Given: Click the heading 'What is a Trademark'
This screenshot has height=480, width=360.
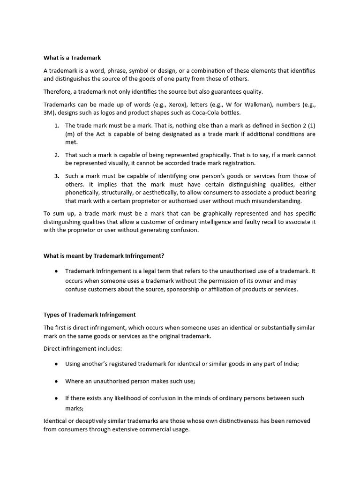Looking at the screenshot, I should (72, 58).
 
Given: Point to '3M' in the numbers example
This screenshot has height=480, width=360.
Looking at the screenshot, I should (49, 112).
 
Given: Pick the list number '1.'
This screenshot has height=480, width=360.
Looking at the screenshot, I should (56, 126).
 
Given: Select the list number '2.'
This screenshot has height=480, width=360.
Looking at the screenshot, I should (56, 155).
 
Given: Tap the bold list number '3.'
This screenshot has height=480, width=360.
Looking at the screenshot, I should (56, 176).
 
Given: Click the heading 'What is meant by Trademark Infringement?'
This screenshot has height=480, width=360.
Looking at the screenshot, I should (104, 255).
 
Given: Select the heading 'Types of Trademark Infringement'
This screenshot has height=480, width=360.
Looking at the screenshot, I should (90, 315).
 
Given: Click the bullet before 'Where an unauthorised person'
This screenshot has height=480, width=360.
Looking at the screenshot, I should (56, 381).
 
